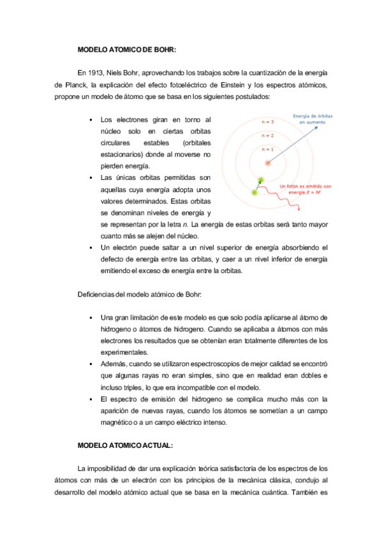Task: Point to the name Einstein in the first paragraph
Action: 233,84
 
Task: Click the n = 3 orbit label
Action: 268,121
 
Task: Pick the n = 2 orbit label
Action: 268,135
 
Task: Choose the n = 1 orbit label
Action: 268,149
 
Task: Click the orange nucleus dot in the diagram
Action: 268,163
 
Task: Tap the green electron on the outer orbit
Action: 255,192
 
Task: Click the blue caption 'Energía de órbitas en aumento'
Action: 312,119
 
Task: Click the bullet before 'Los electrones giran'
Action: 92,120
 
